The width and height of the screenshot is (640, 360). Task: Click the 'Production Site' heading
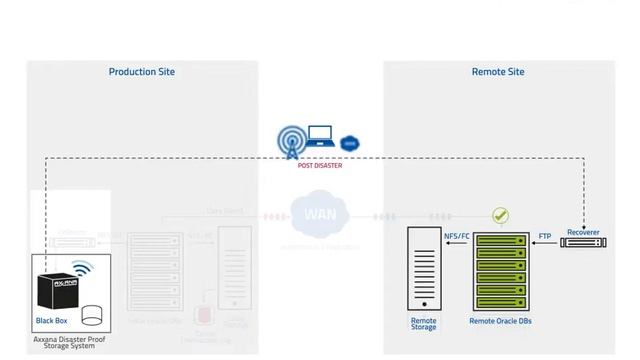(x=141, y=72)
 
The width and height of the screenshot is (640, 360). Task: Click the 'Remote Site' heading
(x=497, y=72)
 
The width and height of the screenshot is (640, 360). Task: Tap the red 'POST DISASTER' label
(x=320, y=166)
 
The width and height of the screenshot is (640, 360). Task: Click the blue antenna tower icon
(x=291, y=141)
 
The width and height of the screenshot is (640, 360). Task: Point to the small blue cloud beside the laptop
(x=349, y=144)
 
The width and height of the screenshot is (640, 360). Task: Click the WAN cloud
(x=320, y=215)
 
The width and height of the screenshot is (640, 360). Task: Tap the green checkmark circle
(x=500, y=216)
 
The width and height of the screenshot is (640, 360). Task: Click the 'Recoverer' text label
(x=583, y=232)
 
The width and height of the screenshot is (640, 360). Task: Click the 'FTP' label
(x=545, y=237)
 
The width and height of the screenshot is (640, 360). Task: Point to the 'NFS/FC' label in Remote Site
(x=456, y=237)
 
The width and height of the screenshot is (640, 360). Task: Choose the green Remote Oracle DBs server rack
(x=500, y=271)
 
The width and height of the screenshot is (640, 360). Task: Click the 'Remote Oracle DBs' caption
(x=500, y=322)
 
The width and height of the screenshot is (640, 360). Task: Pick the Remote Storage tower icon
(x=424, y=269)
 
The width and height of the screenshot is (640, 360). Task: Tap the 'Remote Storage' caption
(x=424, y=324)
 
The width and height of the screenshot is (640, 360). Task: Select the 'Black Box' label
(x=51, y=321)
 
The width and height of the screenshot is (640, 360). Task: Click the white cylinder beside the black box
(x=93, y=316)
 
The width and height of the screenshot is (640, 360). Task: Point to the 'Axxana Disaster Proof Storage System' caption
(x=69, y=343)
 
